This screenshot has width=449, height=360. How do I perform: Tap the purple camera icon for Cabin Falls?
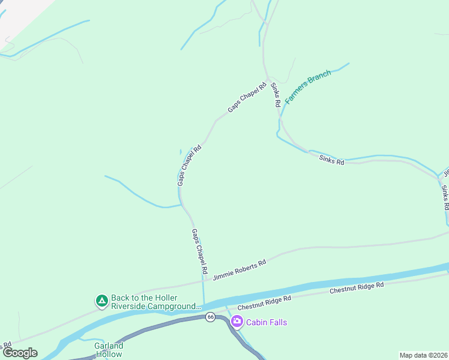click(x=237, y=322)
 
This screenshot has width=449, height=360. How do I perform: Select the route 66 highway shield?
click(x=209, y=317)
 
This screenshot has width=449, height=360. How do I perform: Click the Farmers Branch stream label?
click(x=307, y=87)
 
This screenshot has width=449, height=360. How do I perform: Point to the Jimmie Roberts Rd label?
click(x=240, y=269)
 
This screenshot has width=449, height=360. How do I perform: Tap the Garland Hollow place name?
click(x=109, y=350)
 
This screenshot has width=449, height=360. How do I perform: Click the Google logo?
click(x=20, y=353)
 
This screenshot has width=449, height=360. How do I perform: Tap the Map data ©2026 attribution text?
click(x=423, y=355)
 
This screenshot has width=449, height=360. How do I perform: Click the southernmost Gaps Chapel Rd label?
click(x=200, y=248)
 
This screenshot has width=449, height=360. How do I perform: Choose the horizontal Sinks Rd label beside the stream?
click(x=331, y=159)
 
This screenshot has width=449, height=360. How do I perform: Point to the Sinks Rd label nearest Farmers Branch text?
click(x=276, y=94)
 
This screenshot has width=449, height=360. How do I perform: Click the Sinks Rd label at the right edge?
click(x=445, y=197)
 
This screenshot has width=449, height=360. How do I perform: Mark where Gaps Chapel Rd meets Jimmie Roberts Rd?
click(x=203, y=278)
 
